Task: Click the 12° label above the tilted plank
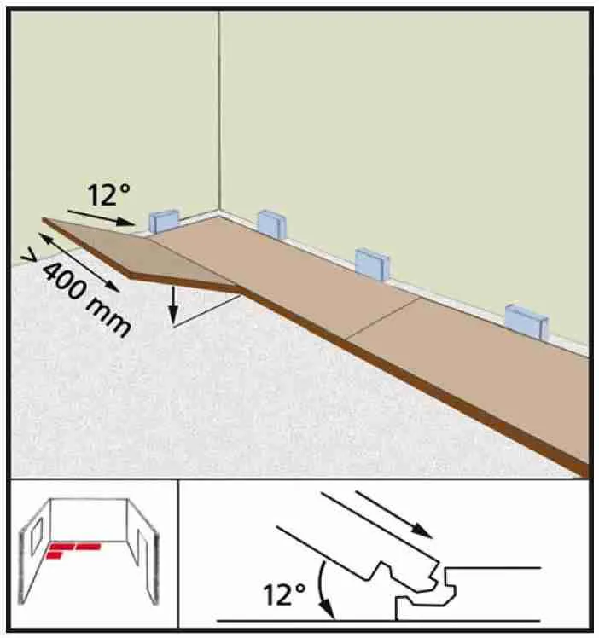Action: click(108, 195)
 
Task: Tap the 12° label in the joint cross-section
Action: click(284, 594)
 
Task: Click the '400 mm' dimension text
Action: click(86, 300)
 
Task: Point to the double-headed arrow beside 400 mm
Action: click(79, 262)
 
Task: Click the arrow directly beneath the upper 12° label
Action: click(101, 217)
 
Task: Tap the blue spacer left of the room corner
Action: click(164, 221)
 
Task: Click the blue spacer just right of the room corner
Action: click(272, 224)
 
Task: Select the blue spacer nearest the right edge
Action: click(526, 322)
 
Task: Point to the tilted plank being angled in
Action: click(142, 254)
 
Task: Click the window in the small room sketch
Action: click(37, 536)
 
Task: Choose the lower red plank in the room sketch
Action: click(54, 555)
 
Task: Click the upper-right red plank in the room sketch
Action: click(88, 547)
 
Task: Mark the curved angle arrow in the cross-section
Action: click(323, 589)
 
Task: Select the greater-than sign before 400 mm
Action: click(29, 257)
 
